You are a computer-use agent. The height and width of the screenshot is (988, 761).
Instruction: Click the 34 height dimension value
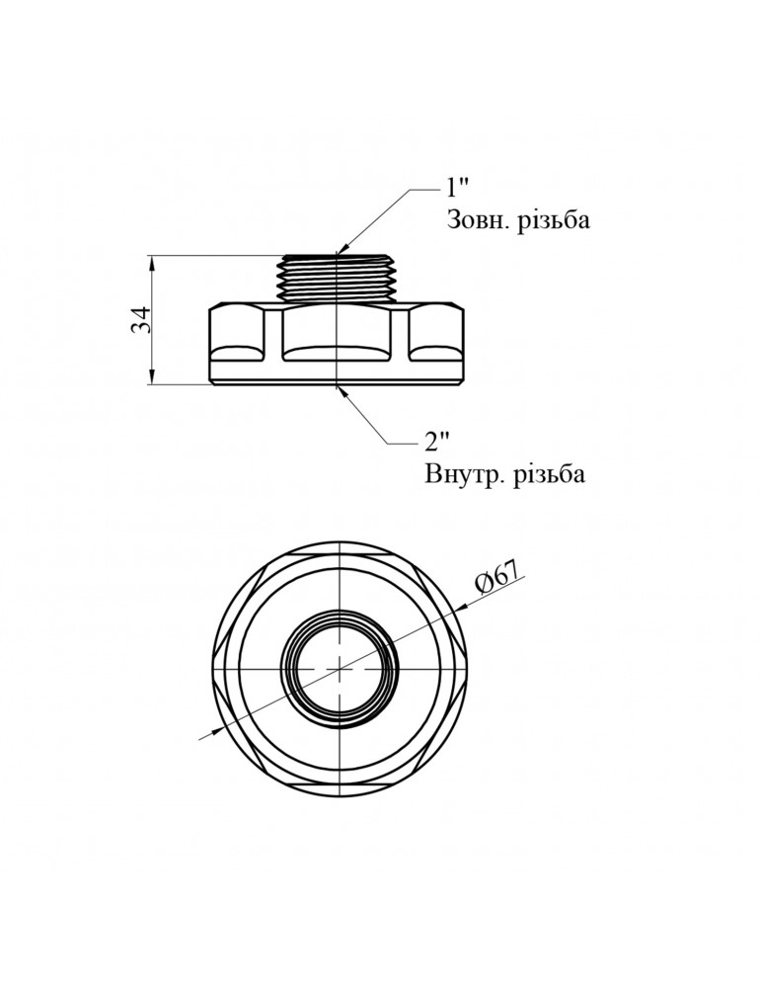141,319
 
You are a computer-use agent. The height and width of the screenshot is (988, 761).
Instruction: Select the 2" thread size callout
438,440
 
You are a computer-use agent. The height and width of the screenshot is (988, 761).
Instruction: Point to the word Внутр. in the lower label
463,474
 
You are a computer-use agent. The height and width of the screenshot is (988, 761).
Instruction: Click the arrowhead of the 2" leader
341,388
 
